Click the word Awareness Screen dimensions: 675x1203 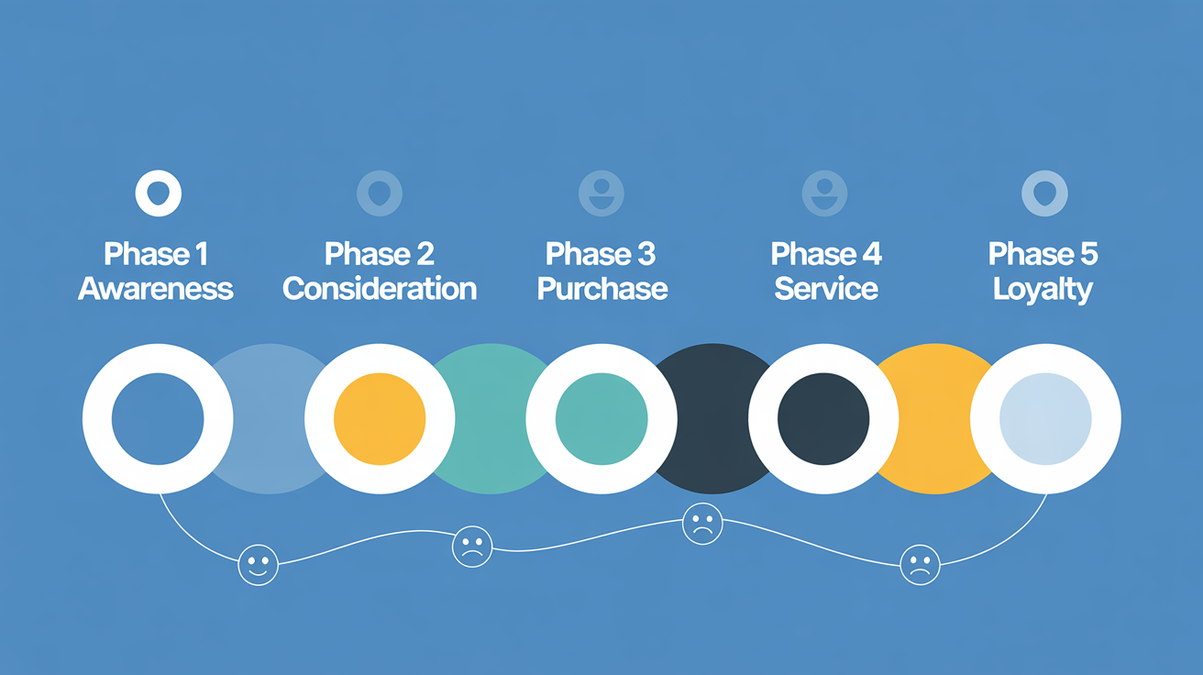coord(156,289)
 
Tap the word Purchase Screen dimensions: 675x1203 coord(601,289)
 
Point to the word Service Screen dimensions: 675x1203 coord(826,289)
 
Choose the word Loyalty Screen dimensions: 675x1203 coord(1043,289)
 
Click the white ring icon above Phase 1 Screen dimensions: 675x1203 coord(158,194)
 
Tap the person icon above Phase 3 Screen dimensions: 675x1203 coord(601,194)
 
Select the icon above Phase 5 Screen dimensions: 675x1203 coord(1044,194)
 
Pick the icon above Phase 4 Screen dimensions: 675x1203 coord(824,194)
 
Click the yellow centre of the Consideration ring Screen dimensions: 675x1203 coord(380,419)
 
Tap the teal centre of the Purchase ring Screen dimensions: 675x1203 coord(601,419)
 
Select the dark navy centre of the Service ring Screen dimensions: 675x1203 coord(823,419)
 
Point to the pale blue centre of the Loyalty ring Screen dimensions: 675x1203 coord(1045,419)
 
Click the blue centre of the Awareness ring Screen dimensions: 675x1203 coord(158,419)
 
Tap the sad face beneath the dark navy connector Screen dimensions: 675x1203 coord(702,525)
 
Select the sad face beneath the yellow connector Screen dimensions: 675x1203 coord(920,564)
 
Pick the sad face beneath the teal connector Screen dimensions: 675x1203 coord(472,546)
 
